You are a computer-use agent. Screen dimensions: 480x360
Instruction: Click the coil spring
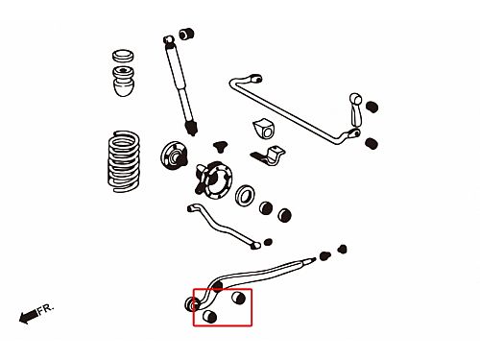[124, 161]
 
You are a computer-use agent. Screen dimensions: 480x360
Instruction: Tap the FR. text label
[45, 309]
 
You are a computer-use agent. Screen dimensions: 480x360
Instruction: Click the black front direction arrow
[28, 316]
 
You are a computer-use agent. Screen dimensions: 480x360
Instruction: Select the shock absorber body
[180, 85]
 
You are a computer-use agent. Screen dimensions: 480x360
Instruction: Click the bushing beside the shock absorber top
[187, 34]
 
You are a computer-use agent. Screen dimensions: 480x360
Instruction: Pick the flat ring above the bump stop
[123, 56]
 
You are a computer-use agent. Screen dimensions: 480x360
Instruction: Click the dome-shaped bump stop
[124, 81]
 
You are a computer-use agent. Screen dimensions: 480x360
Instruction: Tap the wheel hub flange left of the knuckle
[174, 156]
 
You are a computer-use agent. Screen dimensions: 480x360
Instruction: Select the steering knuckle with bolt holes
[214, 180]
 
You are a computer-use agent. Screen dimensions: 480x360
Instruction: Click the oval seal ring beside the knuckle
[245, 195]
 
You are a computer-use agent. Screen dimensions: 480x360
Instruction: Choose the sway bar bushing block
[264, 129]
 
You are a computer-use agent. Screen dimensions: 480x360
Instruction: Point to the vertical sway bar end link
[355, 110]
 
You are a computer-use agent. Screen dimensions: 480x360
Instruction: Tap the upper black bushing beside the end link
[372, 107]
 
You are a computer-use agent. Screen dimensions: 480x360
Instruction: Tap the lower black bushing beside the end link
[372, 143]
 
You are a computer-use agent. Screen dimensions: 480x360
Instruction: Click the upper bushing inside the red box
[238, 298]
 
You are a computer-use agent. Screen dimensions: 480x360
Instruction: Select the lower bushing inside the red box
[210, 317]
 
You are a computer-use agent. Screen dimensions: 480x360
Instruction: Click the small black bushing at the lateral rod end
[268, 242]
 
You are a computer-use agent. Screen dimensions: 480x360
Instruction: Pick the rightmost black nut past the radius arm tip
[343, 249]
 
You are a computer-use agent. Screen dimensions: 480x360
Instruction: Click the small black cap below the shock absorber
[220, 146]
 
